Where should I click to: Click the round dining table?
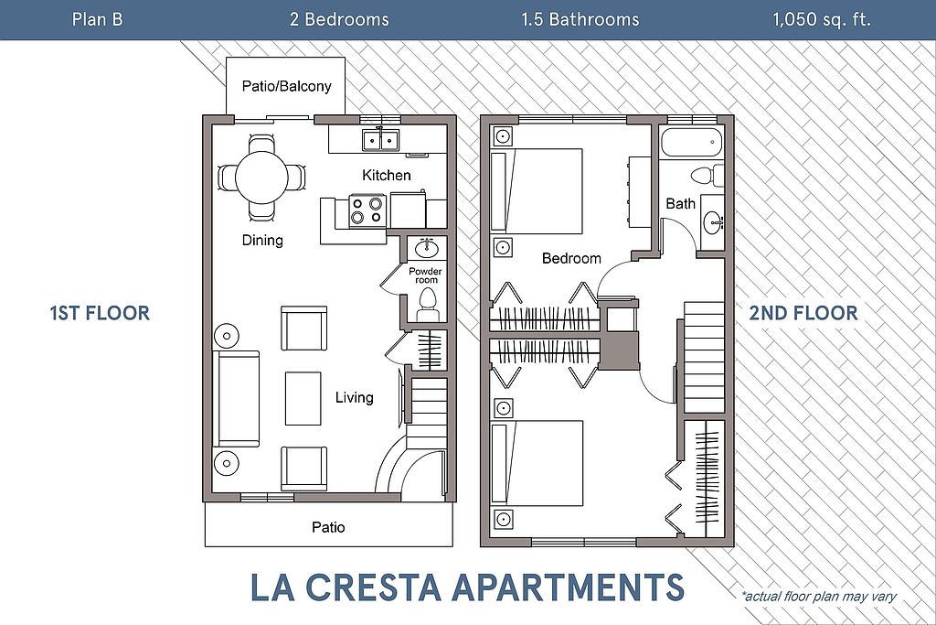(262, 178)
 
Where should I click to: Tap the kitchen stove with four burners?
(367, 210)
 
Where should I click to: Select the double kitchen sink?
(380, 140)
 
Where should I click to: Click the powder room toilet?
(427, 304)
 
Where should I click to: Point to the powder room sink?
(427, 246)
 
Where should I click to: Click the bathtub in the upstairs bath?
(691, 142)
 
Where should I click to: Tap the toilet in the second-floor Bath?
(707, 175)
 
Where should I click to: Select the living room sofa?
(237, 399)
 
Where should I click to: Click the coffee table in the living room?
(303, 398)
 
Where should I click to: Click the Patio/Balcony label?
(286, 86)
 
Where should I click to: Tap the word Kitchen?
(387, 175)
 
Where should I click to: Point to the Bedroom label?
(571, 258)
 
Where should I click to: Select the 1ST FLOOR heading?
(100, 313)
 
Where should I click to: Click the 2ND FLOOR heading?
(803, 313)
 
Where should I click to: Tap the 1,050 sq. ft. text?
(822, 20)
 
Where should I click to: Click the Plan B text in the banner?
(97, 19)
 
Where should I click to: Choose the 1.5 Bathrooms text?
(580, 20)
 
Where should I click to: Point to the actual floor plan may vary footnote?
(819, 596)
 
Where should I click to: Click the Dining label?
(262, 240)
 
